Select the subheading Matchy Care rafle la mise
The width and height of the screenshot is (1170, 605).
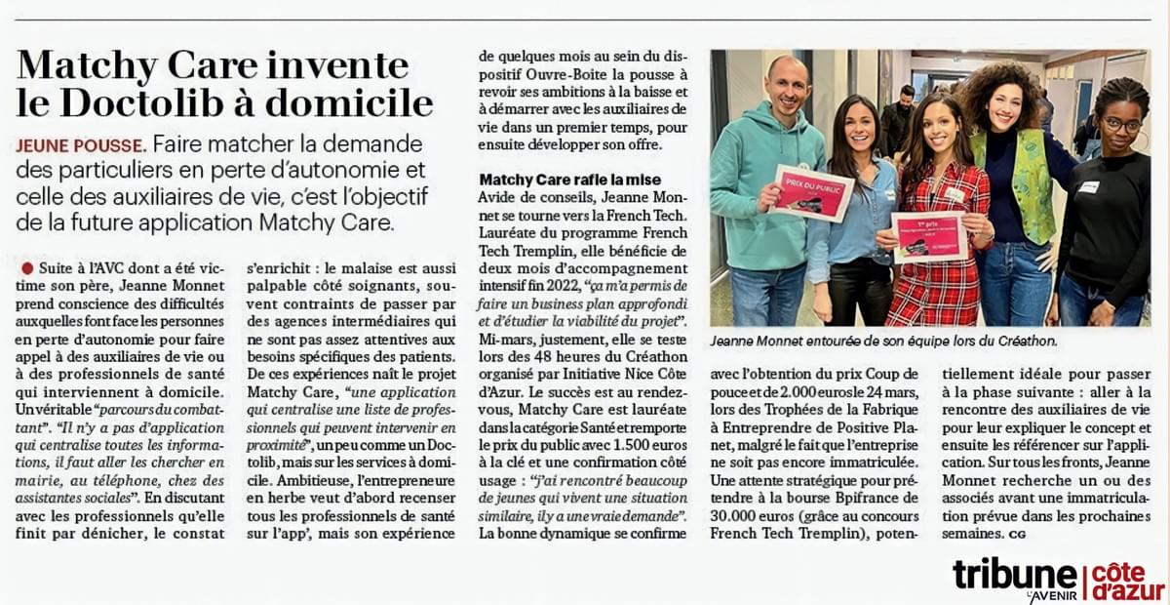pos(570,180)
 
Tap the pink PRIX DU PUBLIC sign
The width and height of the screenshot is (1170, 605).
pos(811,191)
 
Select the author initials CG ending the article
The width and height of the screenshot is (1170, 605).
pos(1019,535)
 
